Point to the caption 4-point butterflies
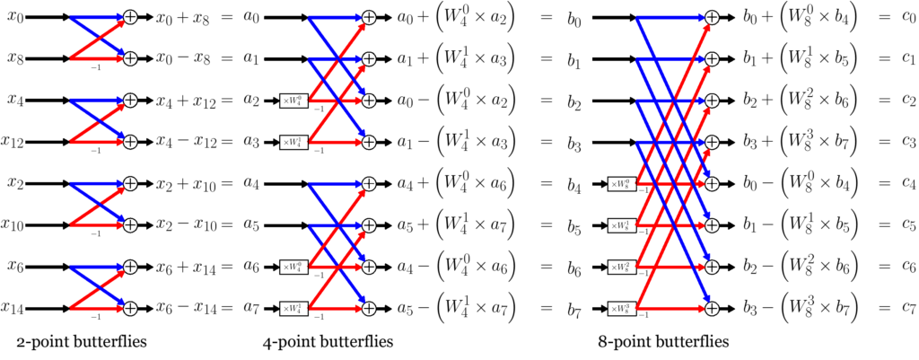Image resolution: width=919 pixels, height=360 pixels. coord(328,342)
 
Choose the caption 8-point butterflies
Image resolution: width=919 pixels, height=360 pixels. coord(661,342)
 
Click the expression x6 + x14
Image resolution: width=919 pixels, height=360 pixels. coord(192,268)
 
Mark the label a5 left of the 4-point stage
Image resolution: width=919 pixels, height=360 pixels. coord(252,225)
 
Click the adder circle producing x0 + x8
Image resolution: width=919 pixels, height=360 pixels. coord(130,17)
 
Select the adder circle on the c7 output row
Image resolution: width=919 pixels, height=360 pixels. coord(712,309)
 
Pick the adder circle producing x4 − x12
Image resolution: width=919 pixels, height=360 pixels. coord(130,142)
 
